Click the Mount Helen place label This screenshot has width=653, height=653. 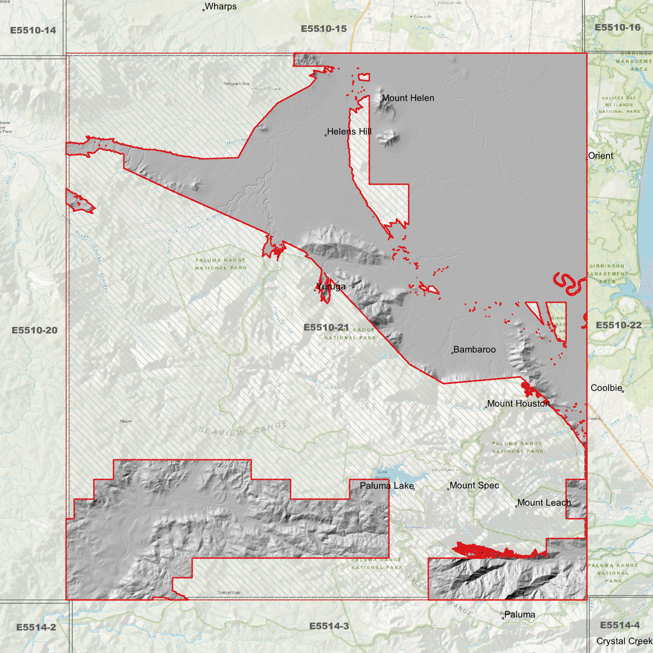pyautogui.click(x=408, y=98)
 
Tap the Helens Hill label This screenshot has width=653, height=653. pyautogui.click(x=349, y=132)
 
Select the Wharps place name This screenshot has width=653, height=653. pyautogui.click(x=221, y=7)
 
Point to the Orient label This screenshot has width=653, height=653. pyautogui.click(x=600, y=156)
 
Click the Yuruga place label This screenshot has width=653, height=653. pyautogui.click(x=331, y=287)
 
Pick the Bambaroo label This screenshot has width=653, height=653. pyautogui.click(x=474, y=349)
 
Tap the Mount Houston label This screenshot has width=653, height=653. pyautogui.click(x=518, y=404)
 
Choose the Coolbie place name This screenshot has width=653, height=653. pyautogui.click(x=606, y=388)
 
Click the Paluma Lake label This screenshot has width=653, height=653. pyautogui.click(x=386, y=486)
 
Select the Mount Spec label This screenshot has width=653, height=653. pyautogui.click(x=474, y=485)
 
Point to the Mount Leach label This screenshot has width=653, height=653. pyautogui.click(x=544, y=503)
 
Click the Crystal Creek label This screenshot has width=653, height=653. pyautogui.click(x=624, y=641)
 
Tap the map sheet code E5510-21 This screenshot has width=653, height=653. pyautogui.click(x=326, y=327)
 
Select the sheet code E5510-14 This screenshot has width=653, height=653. pyautogui.click(x=33, y=30)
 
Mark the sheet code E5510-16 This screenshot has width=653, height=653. pyautogui.click(x=617, y=28)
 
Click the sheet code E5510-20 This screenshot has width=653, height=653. pyautogui.click(x=34, y=330)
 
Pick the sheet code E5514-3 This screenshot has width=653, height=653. pyautogui.click(x=329, y=626)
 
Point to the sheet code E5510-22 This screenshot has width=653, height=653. pyautogui.click(x=618, y=325)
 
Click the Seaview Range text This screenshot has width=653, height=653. pyautogui.click(x=243, y=428)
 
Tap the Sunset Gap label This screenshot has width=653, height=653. pyautogui.click(x=229, y=592)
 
